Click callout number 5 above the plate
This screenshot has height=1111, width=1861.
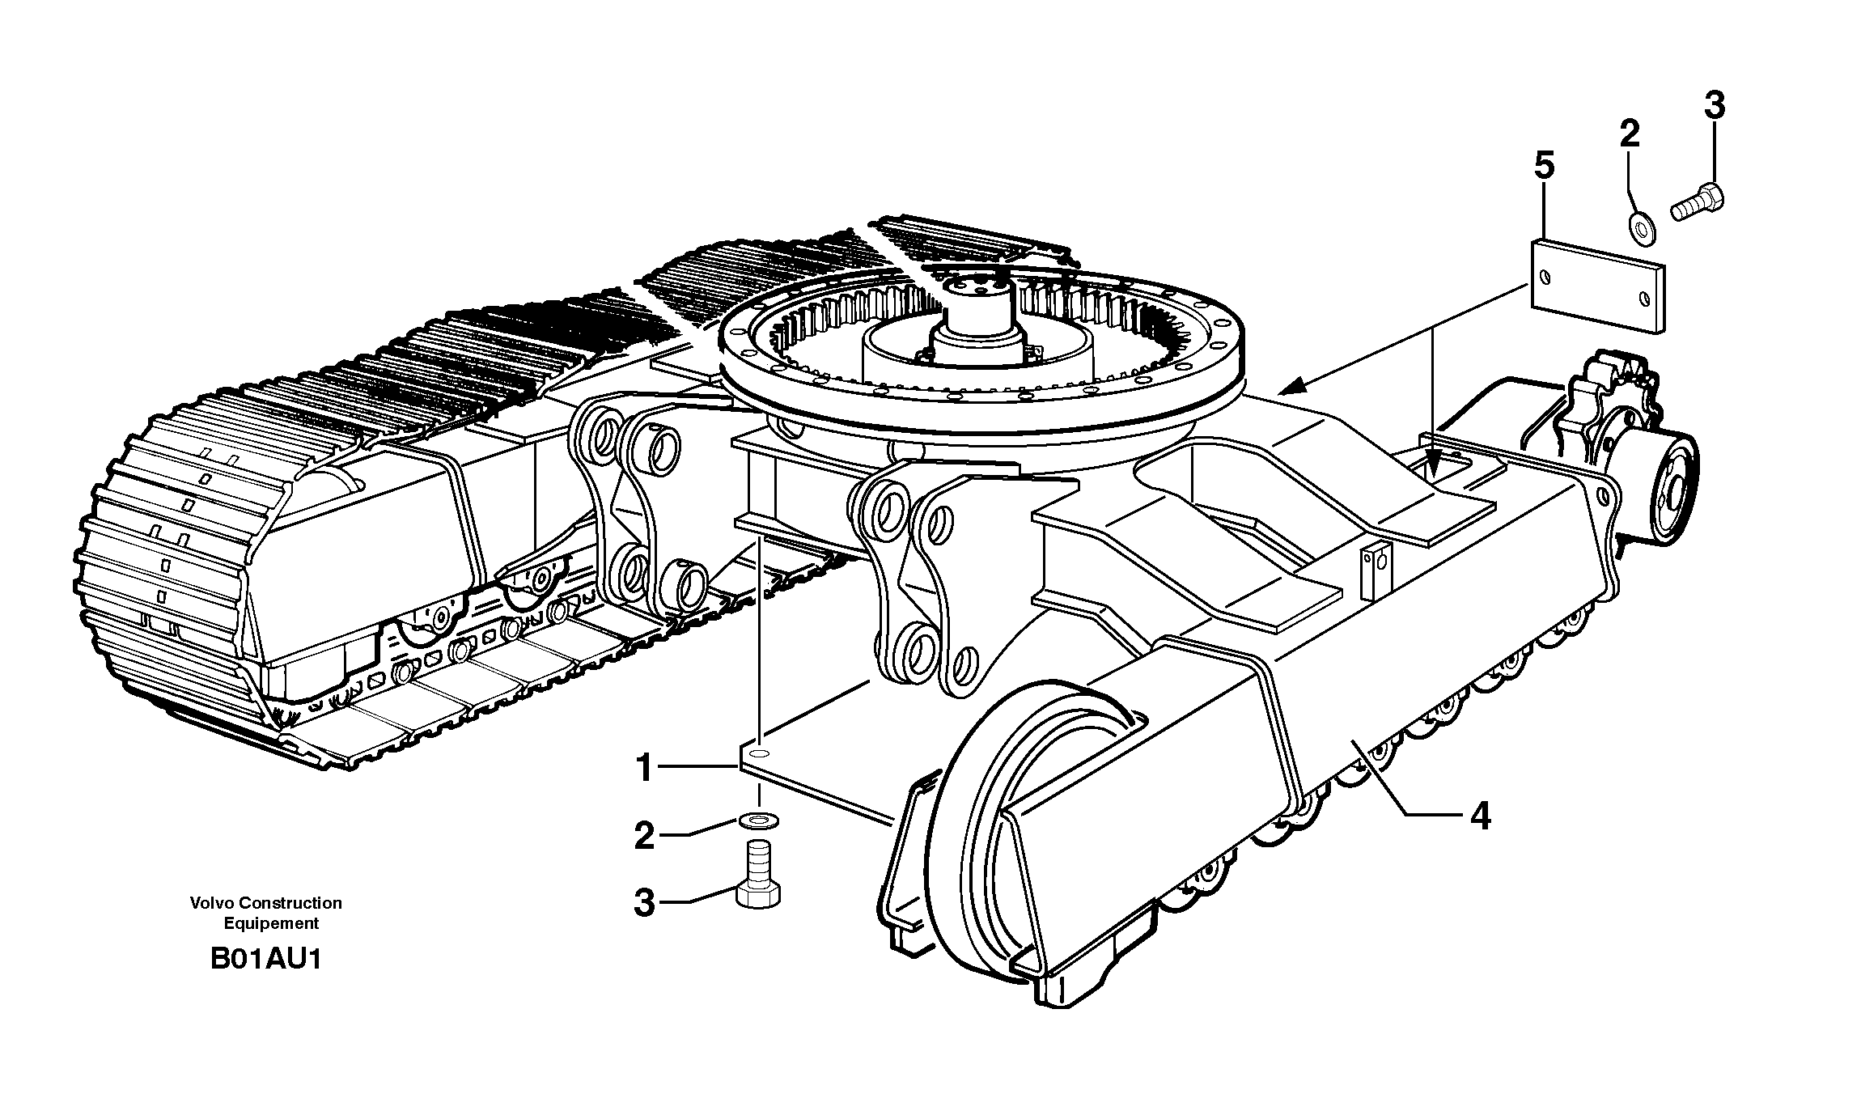tap(1544, 167)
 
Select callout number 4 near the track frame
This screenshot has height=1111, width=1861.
tap(1480, 817)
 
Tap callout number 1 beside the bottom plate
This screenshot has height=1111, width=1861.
tap(644, 767)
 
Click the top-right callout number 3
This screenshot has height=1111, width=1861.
tap(1714, 106)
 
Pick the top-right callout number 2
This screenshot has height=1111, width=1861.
tap(1629, 134)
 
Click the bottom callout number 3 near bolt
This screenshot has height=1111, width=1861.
tap(644, 902)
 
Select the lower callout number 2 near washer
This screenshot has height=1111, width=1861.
tap(644, 835)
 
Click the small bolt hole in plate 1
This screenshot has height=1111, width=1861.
tap(759, 753)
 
